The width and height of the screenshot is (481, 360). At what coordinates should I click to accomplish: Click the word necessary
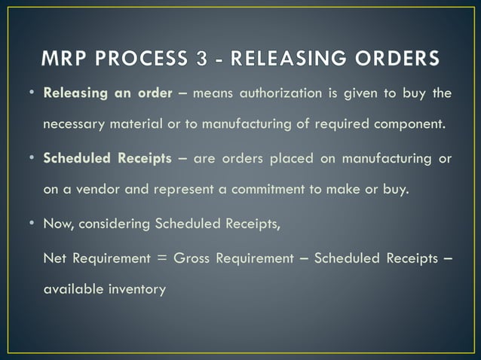tap(75, 125)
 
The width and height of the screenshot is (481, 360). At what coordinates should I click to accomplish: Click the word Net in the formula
tap(54, 258)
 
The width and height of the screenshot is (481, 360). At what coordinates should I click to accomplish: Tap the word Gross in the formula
tap(191, 258)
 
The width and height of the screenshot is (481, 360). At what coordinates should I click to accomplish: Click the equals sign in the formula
tap(162, 258)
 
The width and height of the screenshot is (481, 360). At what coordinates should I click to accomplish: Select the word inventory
tap(136, 289)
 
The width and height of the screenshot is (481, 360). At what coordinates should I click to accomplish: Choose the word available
tap(73, 289)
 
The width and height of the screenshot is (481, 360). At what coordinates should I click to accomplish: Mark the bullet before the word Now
tap(35, 224)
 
